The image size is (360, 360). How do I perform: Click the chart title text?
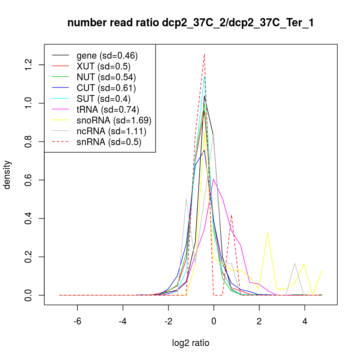[x=190, y=23]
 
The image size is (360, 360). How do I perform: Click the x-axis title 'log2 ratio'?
[x=190, y=343]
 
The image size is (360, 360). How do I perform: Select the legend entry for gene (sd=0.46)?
[x=107, y=56]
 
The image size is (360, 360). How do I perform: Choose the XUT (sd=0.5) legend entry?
[x=103, y=67]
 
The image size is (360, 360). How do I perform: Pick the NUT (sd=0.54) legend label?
[x=106, y=77]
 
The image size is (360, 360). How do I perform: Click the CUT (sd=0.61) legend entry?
[x=106, y=88]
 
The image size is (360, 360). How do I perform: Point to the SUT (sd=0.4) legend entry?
[x=103, y=99]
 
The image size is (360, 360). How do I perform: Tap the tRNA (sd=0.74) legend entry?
[x=108, y=109]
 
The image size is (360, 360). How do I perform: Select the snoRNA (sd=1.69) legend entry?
[x=114, y=120]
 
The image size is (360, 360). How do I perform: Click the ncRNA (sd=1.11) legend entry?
[x=111, y=131]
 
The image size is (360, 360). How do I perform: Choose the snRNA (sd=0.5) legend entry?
[x=108, y=142]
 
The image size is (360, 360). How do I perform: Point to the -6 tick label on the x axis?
[x=77, y=321]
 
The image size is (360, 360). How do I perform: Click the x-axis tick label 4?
[x=305, y=321]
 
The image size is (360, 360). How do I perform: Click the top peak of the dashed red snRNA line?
[x=204, y=54]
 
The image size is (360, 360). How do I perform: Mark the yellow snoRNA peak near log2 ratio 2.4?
[x=268, y=233]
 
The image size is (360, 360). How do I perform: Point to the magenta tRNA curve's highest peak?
[x=213, y=179]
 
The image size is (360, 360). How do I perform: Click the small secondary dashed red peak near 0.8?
[x=231, y=215]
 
